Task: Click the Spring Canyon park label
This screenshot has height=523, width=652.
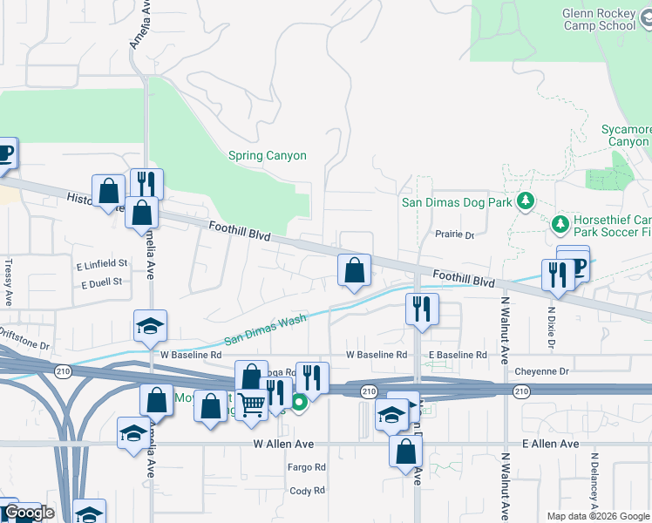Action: pyautogui.click(x=268, y=156)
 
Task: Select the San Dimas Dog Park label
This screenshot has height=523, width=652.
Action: pyautogui.click(x=456, y=202)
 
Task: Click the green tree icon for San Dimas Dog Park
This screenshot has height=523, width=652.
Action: pyautogui.click(x=525, y=202)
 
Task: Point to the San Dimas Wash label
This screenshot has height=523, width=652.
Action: pyautogui.click(x=265, y=330)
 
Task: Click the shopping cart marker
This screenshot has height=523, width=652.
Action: pyautogui.click(x=252, y=404)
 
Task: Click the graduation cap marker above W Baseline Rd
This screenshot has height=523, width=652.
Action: pyautogui.click(x=151, y=326)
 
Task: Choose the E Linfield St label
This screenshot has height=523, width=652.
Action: pyautogui.click(x=102, y=263)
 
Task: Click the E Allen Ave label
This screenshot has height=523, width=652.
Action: pyautogui.click(x=551, y=444)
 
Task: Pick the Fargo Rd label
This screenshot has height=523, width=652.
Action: pyautogui.click(x=307, y=467)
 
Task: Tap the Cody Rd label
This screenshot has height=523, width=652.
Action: pyautogui.click(x=307, y=491)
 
